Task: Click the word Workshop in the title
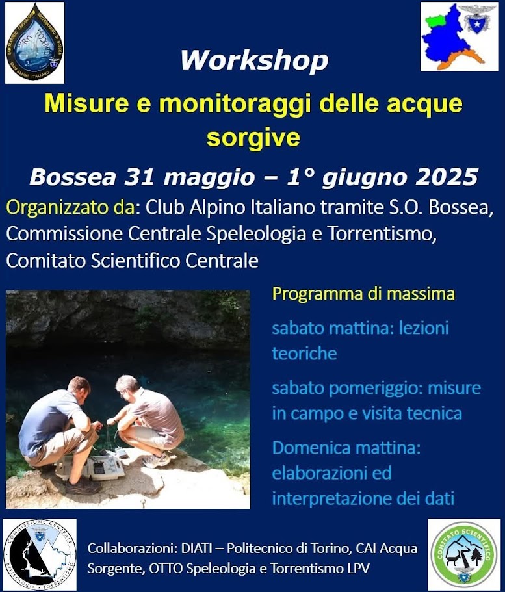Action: (x=254, y=60)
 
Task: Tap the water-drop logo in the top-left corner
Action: (x=34, y=43)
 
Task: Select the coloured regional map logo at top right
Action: (x=460, y=36)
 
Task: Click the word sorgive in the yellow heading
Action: (x=253, y=136)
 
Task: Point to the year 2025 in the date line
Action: (x=447, y=177)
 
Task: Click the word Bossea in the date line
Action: (x=73, y=177)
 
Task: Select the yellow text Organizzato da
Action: (x=71, y=208)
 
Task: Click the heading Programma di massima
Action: (x=363, y=294)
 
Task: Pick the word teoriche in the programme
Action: (x=304, y=354)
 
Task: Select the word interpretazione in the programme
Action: (x=331, y=498)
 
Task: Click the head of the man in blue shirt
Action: (x=79, y=389)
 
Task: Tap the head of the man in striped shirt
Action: (x=127, y=387)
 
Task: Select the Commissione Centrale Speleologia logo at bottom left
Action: (x=40, y=554)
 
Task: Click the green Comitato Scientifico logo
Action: (x=464, y=554)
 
